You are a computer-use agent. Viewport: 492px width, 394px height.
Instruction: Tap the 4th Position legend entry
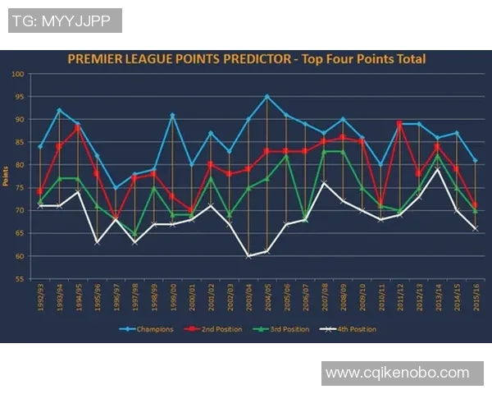pyautogui.click(x=349, y=329)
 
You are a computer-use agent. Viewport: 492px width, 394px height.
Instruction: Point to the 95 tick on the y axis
pyautogui.click(x=17, y=97)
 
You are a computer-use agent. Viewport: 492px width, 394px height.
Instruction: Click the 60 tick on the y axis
pyautogui.click(x=17, y=256)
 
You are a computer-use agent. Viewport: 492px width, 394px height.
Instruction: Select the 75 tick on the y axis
pyautogui.click(x=17, y=188)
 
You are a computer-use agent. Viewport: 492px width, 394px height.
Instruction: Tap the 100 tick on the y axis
pyautogui.click(x=16, y=74)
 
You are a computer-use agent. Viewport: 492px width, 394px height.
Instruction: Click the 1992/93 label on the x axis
pyautogui.click(x=39, y=297)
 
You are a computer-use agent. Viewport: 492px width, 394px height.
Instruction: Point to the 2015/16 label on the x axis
pyautogui.click(x=475, y=297)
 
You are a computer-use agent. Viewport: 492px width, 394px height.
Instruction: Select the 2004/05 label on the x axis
pyautogui.click(x=266, y=297)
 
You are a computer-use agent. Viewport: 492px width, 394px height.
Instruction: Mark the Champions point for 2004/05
pyautogui.click(x=266, y=97)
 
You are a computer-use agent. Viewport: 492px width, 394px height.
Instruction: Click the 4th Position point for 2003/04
pyautogui.click(x=248, y=255)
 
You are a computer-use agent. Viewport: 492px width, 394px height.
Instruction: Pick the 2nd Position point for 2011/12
pyautogui.click(x=399, y=124)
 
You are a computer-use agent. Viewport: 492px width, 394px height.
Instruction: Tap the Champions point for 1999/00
pyautogui.click(x=172, y=115)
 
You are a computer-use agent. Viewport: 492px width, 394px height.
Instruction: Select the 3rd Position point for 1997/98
pyautogui.click(x=134, y=234)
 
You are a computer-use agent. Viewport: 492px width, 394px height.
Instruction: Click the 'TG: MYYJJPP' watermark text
pyautogui.click(x=65, y=21)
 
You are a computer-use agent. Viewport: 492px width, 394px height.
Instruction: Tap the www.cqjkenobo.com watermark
pyautogui.click(x=397, y=373)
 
